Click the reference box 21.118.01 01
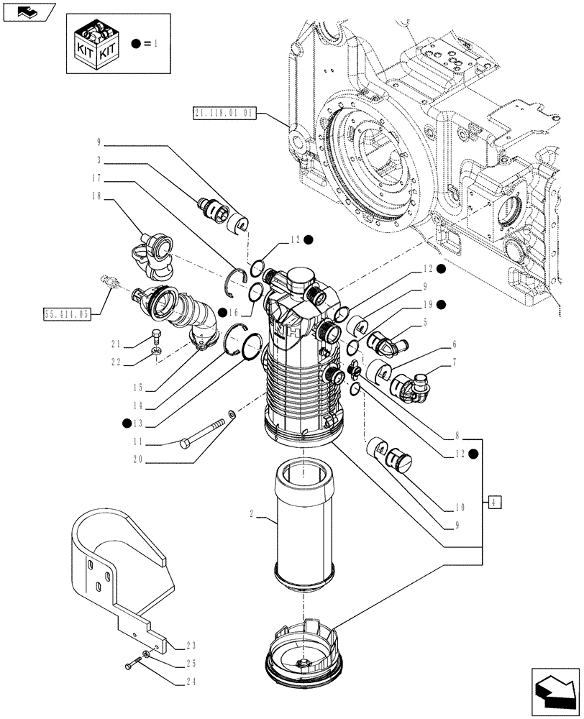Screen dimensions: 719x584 [224, 112]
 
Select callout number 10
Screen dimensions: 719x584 [460, 506]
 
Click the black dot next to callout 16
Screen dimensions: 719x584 [224, 311]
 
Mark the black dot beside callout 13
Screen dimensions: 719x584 [127, 423]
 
